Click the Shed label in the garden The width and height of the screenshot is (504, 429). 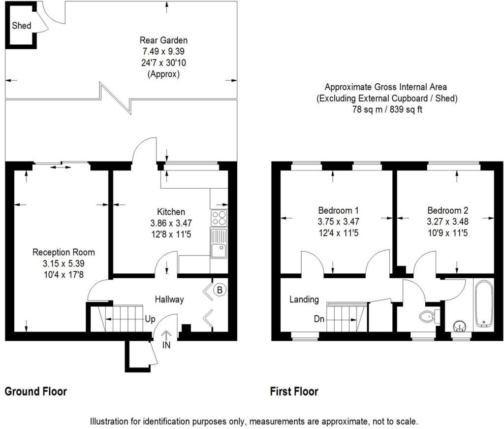(22, 26)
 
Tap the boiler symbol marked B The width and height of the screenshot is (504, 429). (220, 290)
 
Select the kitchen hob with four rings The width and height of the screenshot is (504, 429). (219, 218)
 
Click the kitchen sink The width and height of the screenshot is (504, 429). (219, 243)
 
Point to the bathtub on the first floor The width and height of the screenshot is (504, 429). (483, 304)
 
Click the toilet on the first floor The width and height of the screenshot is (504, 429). (428, 317)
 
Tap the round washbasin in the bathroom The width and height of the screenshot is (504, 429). (460, 327)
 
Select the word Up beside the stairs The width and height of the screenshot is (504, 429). (150, 319)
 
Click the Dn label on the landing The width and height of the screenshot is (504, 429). (319, 319)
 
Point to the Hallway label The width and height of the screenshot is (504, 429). (169, 299)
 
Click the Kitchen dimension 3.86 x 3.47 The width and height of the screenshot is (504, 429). (171, 223)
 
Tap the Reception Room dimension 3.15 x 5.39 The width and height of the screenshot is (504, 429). (63, 264)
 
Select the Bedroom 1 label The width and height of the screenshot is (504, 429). (338, 210)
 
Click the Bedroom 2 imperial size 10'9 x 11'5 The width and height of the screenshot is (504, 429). (448, 232)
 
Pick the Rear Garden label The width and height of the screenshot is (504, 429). (163, 40)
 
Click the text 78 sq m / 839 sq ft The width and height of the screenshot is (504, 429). (387, 109)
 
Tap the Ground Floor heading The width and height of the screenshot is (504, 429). (35, 392)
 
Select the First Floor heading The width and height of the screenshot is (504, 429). (294, 392)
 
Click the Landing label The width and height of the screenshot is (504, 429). (304, 299)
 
